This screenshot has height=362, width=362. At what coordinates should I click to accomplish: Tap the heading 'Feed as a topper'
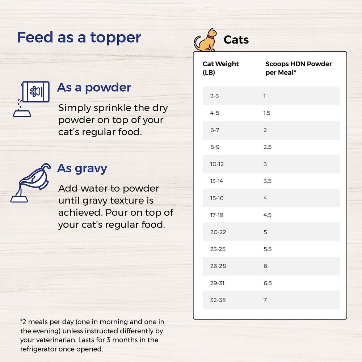point(79,37)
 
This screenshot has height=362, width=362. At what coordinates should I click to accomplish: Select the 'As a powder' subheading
point(94,88)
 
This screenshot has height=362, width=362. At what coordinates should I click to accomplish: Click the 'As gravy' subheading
point(82,169)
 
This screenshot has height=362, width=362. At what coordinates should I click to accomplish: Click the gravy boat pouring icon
point(30,183)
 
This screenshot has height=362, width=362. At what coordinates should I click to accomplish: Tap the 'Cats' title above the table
point(236,40)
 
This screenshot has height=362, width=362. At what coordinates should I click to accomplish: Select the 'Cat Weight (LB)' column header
point(220,68)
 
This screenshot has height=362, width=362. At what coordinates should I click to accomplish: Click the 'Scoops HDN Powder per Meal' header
point(299,68)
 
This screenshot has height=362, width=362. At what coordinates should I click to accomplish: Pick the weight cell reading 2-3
point(214,96)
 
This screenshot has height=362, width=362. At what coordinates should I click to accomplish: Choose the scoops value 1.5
point(267,113)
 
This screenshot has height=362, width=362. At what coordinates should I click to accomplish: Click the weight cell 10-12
point(217,164)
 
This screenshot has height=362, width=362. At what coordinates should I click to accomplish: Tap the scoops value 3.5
point(268,181)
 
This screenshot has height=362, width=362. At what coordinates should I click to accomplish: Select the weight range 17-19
point(216,215)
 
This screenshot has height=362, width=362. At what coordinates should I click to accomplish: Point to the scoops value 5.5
point(268,249)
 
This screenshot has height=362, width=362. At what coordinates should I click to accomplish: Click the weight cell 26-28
point(218,266)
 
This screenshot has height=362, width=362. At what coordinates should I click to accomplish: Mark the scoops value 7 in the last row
point(265,300)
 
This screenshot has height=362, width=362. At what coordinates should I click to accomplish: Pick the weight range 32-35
point(218,300)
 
